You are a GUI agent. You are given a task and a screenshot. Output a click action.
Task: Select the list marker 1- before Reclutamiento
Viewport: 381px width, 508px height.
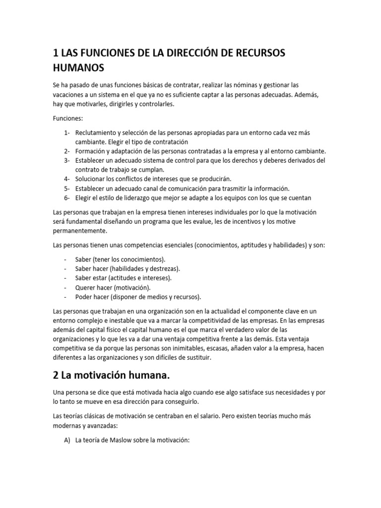point(67,133)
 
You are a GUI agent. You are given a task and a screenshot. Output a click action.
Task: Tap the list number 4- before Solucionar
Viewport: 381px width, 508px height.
point(67,179)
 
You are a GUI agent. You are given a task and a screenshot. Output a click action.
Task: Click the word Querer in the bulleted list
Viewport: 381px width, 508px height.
point(85,287)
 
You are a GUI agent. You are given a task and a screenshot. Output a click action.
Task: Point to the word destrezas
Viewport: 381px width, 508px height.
point(163,268)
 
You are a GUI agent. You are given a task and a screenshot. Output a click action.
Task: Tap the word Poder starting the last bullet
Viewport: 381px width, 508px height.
point(84,297)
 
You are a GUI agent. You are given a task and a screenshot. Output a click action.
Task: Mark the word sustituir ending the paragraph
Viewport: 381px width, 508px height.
point(196,358)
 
